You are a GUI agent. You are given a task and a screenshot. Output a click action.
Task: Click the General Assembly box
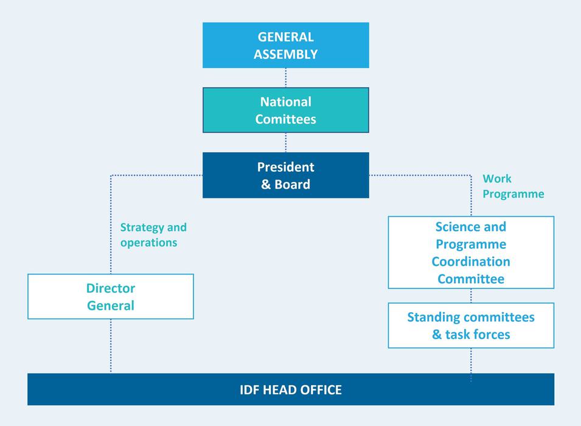coord(285,45)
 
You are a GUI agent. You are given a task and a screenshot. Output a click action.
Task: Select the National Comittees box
coord(285,110)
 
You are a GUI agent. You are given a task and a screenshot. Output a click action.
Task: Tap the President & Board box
coord(285,175)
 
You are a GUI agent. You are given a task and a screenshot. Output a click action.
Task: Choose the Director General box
coord(110,296)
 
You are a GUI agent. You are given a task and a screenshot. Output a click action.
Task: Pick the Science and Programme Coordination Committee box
coord(471,253)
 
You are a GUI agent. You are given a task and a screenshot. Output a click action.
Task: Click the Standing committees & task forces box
coord(471,326)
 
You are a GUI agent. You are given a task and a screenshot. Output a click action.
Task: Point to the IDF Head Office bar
coord(291,389)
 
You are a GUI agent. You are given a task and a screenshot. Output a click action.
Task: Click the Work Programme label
coord(513,186)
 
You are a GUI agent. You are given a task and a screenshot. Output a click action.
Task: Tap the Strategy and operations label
coord(153,235)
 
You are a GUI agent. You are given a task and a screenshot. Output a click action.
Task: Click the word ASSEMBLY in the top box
coord(285,54)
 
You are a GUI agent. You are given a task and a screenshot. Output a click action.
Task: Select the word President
coord(285,167)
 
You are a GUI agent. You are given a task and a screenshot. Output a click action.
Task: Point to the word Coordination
coord(471,262)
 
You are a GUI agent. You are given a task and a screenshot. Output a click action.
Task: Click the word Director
coord(110,288)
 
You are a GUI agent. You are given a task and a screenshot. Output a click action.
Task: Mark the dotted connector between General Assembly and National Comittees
coord(285,77)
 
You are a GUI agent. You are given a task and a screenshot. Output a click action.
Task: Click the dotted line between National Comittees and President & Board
coord(285,142)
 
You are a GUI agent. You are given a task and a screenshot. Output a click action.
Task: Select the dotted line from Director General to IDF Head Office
coord(110,346)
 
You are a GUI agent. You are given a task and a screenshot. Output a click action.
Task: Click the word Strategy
coord(142,228)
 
